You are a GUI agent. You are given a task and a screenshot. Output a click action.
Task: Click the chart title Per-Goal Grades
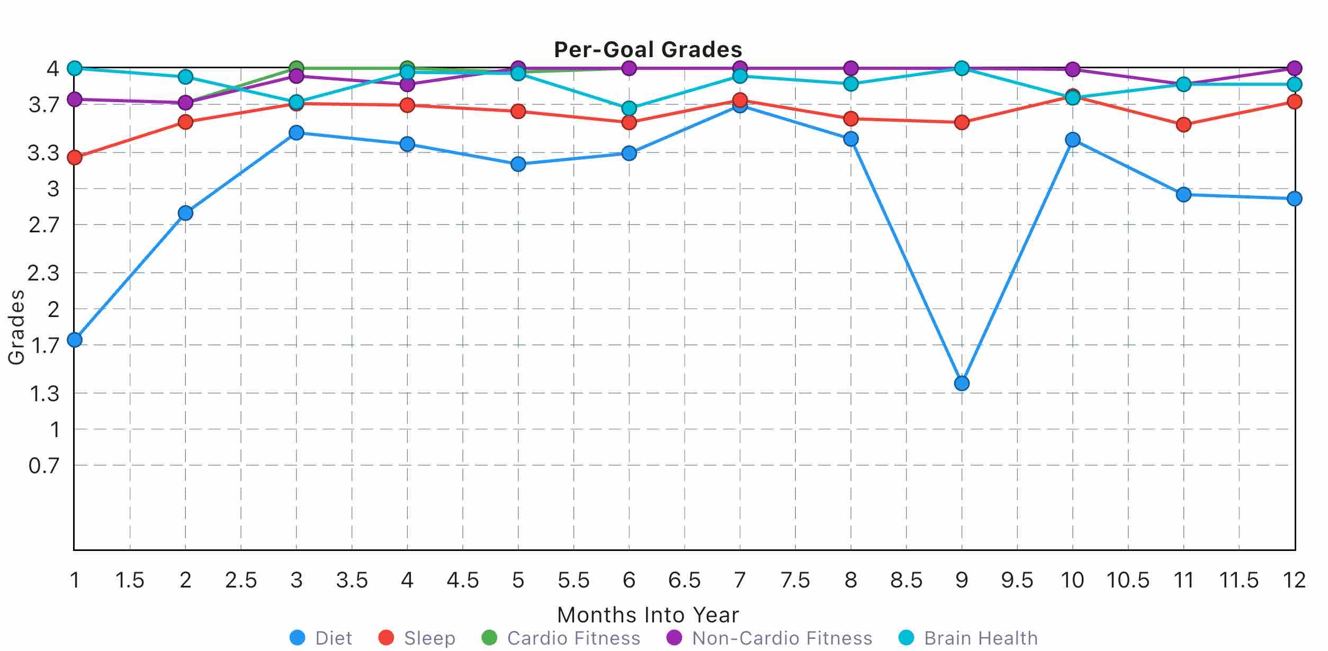(x=648, y=50)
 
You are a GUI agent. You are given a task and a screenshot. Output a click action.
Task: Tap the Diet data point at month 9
(x=962, y=383)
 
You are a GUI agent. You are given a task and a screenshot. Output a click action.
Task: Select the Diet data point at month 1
(x=75, y=340)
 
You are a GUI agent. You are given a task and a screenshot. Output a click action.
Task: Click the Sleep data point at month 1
(x=75, y=157)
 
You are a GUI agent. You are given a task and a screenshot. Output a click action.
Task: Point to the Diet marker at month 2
(x=185, y=213)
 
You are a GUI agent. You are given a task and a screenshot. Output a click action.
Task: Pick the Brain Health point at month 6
(x=629, y=108)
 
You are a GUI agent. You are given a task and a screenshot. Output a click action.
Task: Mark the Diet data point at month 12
(x=1294, y=199)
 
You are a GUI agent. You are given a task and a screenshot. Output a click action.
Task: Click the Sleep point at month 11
(x=1183, y=125)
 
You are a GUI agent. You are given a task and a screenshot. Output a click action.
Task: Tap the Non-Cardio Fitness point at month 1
(x=75, y=99)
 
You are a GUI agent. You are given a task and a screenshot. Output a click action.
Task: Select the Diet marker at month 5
(x=518, y=164)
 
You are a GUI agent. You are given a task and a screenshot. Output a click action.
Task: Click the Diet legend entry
(x=321, y=638)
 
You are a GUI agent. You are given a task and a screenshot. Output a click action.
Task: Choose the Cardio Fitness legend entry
(x=561, y=638)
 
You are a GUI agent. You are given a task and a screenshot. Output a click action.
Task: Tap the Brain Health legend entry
(x=968, y=638)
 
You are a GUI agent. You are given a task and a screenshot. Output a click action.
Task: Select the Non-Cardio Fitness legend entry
(x=769, y=638)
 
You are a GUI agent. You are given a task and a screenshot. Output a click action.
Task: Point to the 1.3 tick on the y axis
(x=44, y=394)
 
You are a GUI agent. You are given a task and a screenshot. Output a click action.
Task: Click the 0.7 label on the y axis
(x=44, y=466)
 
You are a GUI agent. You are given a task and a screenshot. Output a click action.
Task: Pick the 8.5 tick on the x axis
(x=906, y=581)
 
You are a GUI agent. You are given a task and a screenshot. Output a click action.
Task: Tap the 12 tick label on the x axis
(x=1294, y=581)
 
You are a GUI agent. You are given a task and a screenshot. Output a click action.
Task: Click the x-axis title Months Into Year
(x=648, y=615)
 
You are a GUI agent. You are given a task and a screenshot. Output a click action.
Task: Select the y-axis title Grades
(x=16, y=327)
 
